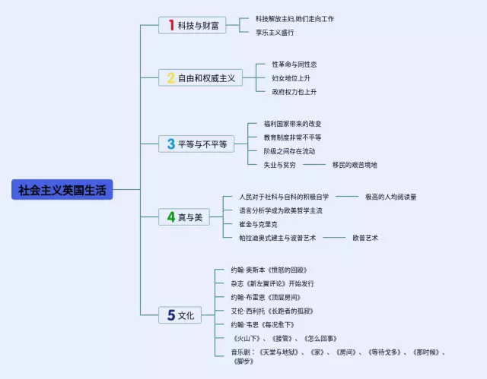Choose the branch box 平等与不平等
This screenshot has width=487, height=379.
[x=196, y=144]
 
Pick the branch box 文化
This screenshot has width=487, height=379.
[x=179, y=314]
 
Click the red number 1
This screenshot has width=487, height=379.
[x=171, y=25]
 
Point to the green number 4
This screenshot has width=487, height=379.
[x=171, y=217]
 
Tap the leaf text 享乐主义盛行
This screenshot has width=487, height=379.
[x=275, y=33]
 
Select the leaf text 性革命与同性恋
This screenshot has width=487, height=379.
[x=294, y=65]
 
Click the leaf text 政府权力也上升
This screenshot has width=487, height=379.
[x=294, y=92]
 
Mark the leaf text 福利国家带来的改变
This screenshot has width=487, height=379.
[x=292, y=124]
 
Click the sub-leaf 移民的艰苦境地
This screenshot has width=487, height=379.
[x=354, y=165]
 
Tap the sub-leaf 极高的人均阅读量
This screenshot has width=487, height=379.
[x=390, y=197]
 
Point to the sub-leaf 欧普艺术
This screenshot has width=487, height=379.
[x=364, y=238]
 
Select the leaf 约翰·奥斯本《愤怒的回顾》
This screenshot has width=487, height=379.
[x=269, y=270]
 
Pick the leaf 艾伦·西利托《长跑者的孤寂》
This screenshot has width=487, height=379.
[x=272, y=311]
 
